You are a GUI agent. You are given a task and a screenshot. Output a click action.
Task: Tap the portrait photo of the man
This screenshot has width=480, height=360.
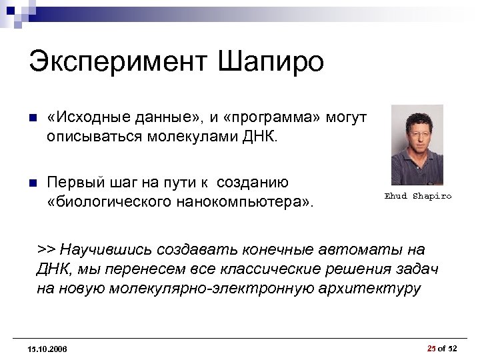[x=417, y=145]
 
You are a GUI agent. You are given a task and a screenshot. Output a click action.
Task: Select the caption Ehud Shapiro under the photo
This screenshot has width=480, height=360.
[x=418, y=196]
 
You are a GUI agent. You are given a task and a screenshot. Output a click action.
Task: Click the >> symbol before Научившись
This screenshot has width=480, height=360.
[x=46, y=249]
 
